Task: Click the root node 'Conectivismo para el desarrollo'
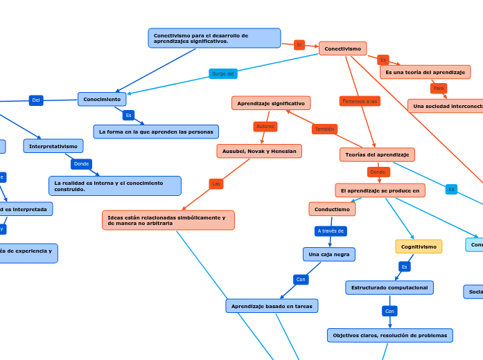214,38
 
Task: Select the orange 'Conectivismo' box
342,48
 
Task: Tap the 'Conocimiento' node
102,99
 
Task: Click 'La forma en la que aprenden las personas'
156,132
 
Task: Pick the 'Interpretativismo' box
53,146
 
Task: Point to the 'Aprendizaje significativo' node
271,103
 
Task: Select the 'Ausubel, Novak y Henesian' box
259,151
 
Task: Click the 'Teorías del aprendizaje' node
377,154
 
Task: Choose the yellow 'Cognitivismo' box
419,246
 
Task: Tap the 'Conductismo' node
332,209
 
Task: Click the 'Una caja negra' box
329,254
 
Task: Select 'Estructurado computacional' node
389,287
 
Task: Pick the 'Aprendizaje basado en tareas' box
272,305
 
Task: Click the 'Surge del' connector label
223,73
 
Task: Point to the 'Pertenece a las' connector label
360,101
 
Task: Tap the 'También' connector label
324,129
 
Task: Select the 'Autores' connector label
265,127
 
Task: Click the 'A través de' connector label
331,231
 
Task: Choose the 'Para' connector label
439,89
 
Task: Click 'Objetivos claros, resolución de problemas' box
390,335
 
